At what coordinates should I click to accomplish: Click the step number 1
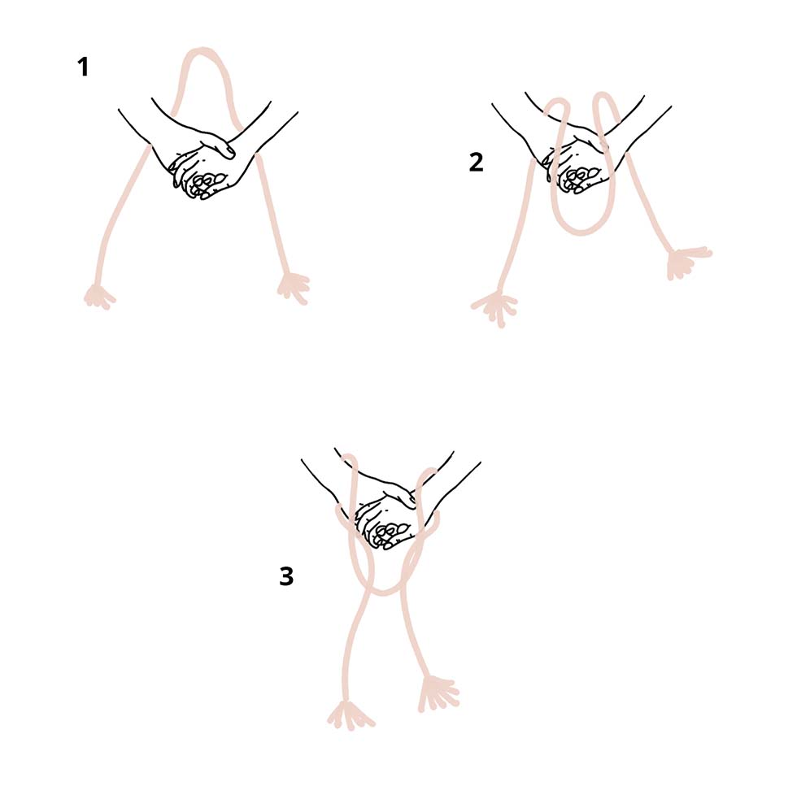[83, 67]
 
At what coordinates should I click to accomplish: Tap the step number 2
[476, 163]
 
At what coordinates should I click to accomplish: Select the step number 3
[286, 576]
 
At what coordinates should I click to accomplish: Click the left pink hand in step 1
[99, 297]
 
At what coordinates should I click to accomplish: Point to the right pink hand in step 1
[294, 288]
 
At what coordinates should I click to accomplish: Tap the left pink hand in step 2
[495, 307]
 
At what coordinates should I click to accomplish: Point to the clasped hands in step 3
[389, 519]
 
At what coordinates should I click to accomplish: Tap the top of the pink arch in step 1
[203, 50]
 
